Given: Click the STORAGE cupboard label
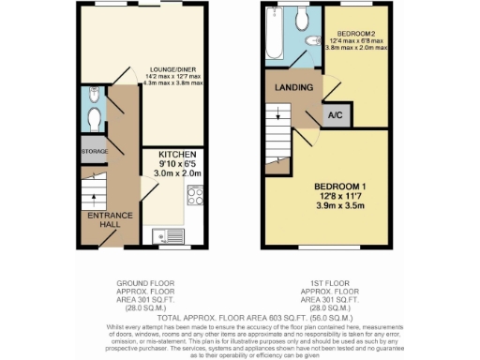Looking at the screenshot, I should tap(95, 150).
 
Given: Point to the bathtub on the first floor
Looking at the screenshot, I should tap(272, 36).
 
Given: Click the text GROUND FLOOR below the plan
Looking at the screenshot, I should tap(141, 281).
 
